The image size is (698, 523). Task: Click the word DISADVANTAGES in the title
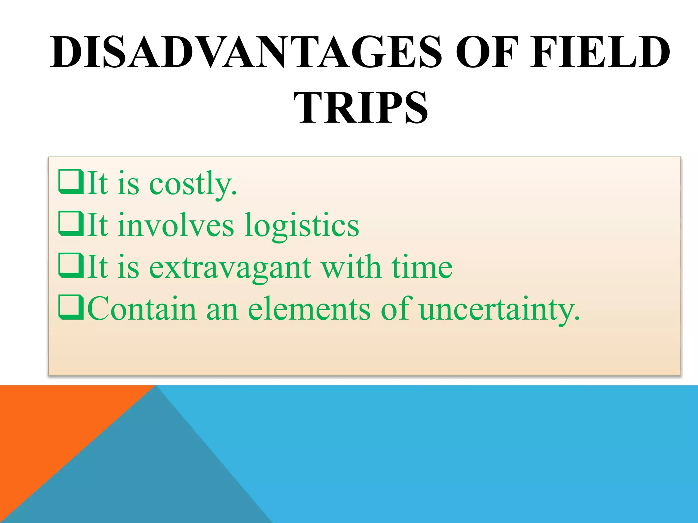[x=245, y=52]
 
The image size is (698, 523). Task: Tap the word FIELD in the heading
[x=600, y=52]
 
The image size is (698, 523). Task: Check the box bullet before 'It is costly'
[x=71, y=182]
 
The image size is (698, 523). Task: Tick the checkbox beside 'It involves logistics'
[x=71, y=224]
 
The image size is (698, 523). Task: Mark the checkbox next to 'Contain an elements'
[x=71, y=307]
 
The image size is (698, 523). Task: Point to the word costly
[x=193, y=184]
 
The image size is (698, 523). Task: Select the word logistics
[x=302, y=226]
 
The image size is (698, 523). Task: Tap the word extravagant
[x=230, y=268]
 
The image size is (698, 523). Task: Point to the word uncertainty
[x=499, y=309]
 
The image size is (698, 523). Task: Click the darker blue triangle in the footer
[x=153, y=477]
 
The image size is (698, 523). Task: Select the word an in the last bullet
[x=222, y=309]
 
